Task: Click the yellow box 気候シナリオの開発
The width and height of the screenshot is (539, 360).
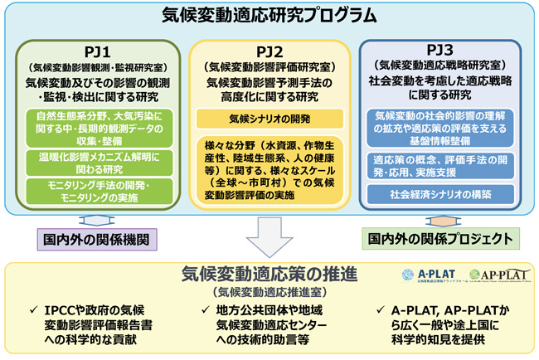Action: pyautogui.click(x=269, y=119)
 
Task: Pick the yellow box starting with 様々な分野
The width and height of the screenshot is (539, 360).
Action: pyautogui.click(x=269, y=169)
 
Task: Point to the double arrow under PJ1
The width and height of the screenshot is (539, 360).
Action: pyautogui.click(x=92, y=220)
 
